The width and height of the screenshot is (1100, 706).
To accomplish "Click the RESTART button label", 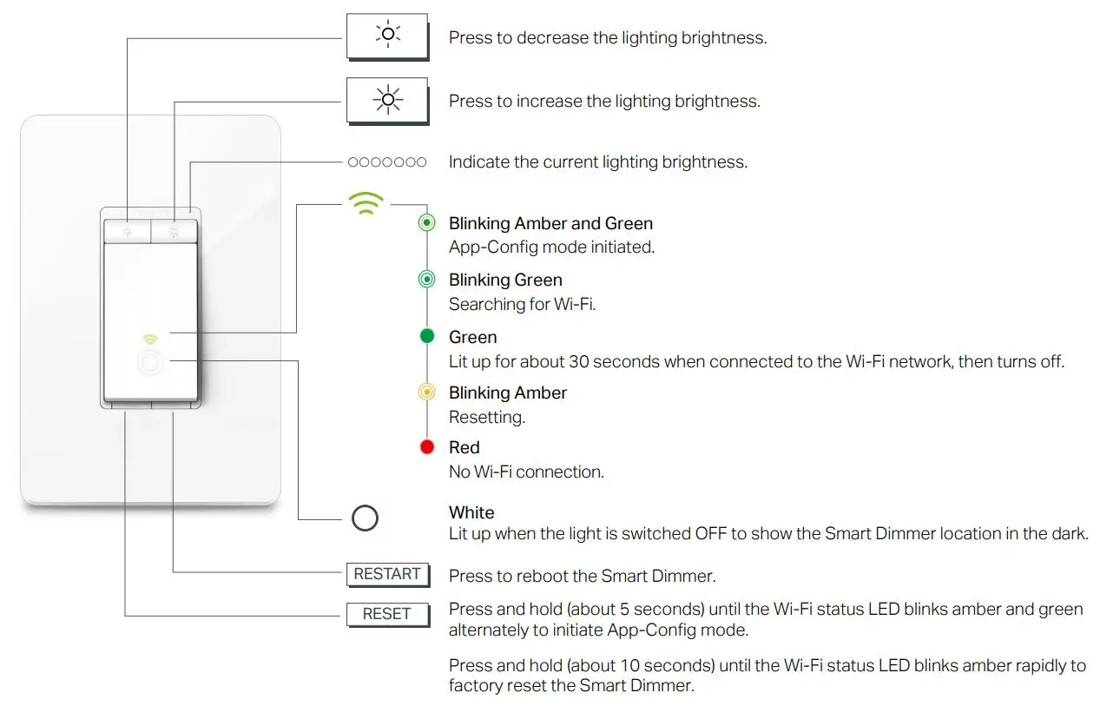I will pos(387,574).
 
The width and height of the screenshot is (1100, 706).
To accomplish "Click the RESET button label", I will pos(387,614).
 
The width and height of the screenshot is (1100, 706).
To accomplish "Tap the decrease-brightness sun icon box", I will pos(387,35).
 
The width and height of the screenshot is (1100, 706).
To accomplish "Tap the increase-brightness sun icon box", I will pos(387,100).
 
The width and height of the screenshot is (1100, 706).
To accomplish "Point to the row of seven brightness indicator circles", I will pos(387,162).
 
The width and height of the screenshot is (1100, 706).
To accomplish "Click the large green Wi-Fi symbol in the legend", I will pos(366,204).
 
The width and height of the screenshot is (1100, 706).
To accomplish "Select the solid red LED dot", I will pos(426,447).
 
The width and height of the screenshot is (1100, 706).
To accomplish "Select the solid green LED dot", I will pos(426,336).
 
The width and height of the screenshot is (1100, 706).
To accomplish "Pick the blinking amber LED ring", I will pos(426,392).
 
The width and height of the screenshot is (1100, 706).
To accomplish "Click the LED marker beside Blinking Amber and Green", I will pos(426,223).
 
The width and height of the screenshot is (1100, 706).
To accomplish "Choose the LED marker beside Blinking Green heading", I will pos(426,280).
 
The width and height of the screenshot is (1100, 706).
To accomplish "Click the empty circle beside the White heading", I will pos(366,519).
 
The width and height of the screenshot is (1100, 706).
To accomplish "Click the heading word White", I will pos(471,512).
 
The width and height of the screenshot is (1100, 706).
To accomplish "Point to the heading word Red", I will pos(464,447).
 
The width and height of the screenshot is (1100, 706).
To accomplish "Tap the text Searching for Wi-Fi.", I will pos(522,304).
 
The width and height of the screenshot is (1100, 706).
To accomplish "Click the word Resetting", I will pos(487,417).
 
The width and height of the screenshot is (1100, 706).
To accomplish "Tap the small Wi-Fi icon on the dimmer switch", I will pos(151,338).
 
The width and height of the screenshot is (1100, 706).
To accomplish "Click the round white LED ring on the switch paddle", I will pos(151,363).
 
